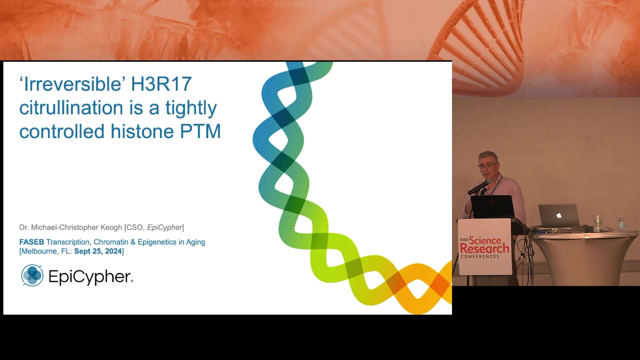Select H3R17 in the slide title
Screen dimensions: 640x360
coord(161,84)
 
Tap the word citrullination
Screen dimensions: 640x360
coord(71,108)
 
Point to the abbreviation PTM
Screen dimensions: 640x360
coord(200,131)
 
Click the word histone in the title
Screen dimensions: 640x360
coord(142,131)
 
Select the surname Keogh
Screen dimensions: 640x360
coord(111,228)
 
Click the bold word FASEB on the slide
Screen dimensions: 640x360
coord(32,242)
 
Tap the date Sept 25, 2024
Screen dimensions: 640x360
coord(98,251)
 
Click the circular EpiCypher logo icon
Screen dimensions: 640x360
coord(32,275)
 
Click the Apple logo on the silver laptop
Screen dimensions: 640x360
coord(559,215)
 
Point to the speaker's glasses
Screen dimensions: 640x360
coord(488,165)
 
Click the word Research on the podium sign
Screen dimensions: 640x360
coord(485,249)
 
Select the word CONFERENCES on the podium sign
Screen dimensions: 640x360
coord(480,256)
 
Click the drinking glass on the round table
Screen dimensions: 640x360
coord(598,223)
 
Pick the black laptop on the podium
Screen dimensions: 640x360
coord(492,207)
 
